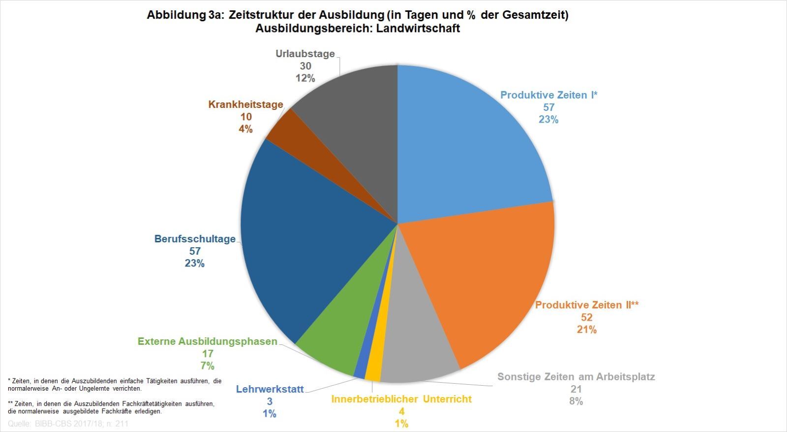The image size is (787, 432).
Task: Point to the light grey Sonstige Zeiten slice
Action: [x=418, y=345]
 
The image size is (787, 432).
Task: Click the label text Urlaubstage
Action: [x=305, y=54]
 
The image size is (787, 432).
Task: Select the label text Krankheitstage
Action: [x=245, y=104]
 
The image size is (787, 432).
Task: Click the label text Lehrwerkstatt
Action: [x=270, y=389]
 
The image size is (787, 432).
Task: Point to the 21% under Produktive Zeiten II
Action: [x=587, y=330]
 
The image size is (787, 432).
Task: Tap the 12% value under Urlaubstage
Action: [x=305, y=78]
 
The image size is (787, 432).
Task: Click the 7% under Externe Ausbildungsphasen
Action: [x=207, y=366]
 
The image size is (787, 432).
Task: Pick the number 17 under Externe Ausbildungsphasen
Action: [x=208, y=354]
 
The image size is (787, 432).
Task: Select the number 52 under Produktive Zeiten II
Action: [x=586, y=317]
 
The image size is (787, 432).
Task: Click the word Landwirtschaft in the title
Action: [x=418, y=28]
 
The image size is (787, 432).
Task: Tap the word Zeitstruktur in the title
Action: [x=261, y=15]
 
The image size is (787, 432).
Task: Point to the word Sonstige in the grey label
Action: [x=518, y=377]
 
